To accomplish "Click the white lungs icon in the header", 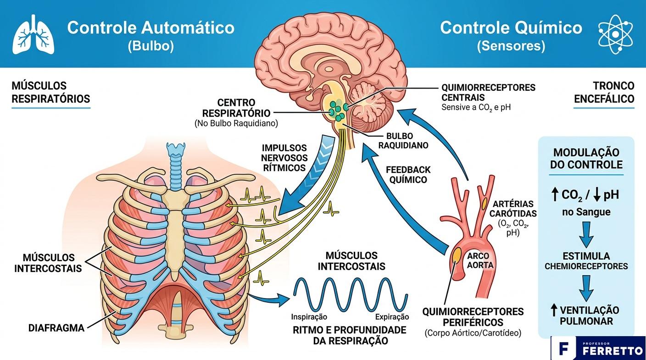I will point(33,34).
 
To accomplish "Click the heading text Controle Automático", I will point(150,28).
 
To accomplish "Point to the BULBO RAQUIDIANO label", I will point(406,140).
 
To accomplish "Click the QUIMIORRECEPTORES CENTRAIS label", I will point(488,92).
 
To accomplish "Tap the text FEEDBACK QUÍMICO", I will point(408,175).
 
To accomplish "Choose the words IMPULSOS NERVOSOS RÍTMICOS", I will point(284,158).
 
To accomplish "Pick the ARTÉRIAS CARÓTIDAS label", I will point(512,208).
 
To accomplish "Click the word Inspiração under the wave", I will point(309,316).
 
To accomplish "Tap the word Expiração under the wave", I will point(391,316).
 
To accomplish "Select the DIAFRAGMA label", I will point(56,328).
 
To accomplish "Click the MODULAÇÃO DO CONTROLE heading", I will point(586,158).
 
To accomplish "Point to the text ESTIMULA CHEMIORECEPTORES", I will point(586,260).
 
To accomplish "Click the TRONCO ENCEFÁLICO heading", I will point(604,92).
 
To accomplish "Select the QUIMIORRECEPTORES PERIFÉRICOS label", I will point(473,316).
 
